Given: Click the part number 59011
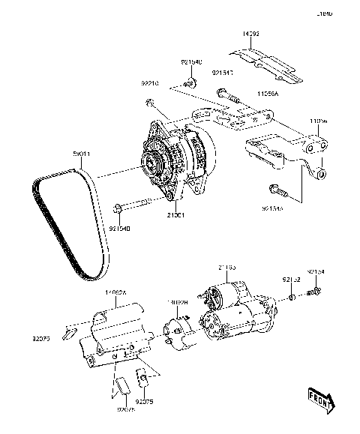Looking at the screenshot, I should (82, 154).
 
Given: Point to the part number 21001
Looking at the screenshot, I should (175, 214).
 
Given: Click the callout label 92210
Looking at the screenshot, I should (151, 85).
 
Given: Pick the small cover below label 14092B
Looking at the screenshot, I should (177, 332).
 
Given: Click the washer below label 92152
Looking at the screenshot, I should (292, 297).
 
